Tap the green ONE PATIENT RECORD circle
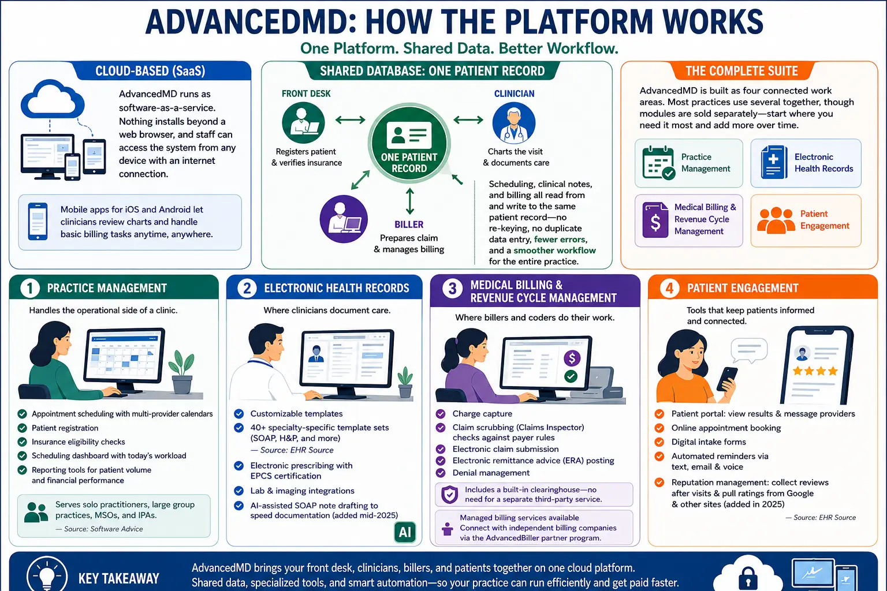pos(409,143)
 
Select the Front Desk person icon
pos(303,122)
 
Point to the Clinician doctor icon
pos(513,122)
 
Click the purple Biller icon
pos(344,219)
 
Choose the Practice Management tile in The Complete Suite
pos(688,163)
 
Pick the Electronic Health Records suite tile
pos(806,163)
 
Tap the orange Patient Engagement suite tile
pos(806,220)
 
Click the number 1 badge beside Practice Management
pos(29,288)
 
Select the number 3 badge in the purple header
pos(452,288)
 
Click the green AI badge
pos(405,532)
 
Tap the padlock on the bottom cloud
pos(748,578)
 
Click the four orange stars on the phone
pos(815,371)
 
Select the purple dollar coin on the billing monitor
pos(572,358)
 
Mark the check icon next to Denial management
pos(441,473)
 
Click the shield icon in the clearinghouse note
pos(449,495)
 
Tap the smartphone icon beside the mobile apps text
pos(38,221)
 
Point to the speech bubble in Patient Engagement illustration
pos(749,350)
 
